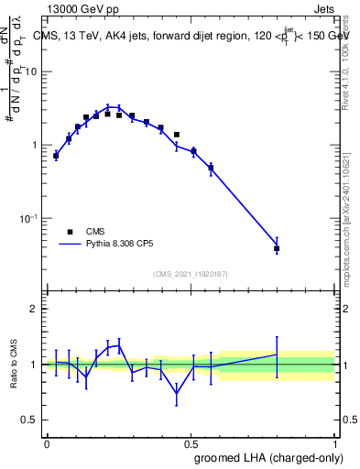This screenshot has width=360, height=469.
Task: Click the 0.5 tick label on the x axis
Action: point(191,443)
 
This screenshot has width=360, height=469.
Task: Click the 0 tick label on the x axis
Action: point(47,443)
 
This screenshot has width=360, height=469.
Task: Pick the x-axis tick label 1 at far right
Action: point(334,443)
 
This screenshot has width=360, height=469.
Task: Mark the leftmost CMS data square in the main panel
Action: point(56,156)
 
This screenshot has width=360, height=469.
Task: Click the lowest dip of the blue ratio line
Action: point(176,393)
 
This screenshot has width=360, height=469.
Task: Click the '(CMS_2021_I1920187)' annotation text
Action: point(190,274)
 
